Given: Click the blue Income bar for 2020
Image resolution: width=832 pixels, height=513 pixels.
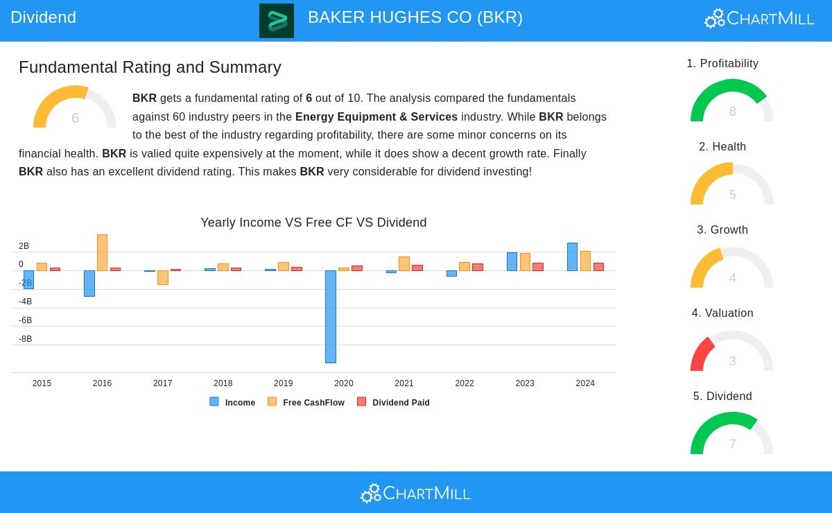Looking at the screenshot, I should pos(331,316).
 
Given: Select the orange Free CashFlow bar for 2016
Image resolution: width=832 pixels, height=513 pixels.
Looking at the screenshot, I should pos(102,252).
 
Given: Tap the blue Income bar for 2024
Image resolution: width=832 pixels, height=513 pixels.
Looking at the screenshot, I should pos(572,256).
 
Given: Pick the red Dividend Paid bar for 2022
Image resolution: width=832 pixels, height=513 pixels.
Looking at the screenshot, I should pos(478,267).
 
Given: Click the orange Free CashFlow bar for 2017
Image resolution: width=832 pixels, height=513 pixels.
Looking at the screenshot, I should pos(163,277).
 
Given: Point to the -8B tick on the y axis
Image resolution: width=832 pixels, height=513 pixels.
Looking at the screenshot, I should pos(25,339).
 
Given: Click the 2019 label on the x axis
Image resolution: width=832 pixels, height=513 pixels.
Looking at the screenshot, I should pos(283,383).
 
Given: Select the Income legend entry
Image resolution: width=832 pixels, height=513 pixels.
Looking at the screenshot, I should pos(233,402).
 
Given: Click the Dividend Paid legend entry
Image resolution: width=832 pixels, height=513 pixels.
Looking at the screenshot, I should pos(394,402).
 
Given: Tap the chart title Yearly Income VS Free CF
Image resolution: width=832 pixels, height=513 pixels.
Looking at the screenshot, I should pos(313,223).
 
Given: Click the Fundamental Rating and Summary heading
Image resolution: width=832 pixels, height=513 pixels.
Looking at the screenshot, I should pos(150,67).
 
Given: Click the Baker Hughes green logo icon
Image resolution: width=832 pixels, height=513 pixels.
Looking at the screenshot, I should pos(277,21).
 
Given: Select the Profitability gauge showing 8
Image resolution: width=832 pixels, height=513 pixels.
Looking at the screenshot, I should pos(731,102).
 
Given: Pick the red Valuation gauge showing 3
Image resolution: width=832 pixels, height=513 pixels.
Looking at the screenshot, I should pos(731,351).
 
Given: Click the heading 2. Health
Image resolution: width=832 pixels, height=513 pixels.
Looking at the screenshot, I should pos(722,147).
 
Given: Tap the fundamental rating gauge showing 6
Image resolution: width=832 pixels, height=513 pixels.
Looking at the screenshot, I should pos(74,108).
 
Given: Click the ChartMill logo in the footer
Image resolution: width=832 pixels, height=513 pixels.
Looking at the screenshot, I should pos(415,493).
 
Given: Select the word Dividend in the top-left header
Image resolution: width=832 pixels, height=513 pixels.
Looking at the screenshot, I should pos(43,17).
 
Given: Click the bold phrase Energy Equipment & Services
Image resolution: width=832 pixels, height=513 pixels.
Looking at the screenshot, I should pos(376,117).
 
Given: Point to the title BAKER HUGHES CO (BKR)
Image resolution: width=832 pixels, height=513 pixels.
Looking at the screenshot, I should pos(415,17).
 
